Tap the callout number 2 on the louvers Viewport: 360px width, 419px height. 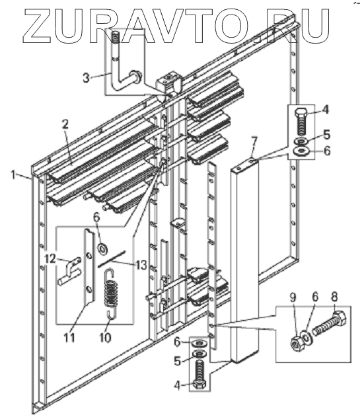tap(65, 124)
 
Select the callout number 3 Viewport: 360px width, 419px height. tap(86, 78)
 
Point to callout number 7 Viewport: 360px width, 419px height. tap(254, 141)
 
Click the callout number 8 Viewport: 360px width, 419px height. tap(334, 297)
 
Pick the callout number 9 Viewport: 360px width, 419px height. tap(293, 297)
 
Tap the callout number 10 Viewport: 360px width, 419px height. tap(106, 338)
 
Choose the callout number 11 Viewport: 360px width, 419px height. tap(69, 338)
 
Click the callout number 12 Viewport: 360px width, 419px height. tap(50, 258)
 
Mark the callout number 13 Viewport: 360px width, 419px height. tap(141, 265)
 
